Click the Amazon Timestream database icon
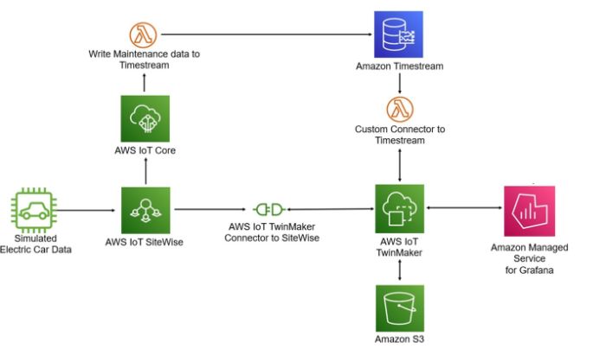(398, 35)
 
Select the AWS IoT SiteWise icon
(145, 210)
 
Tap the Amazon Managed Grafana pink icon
(529, 210)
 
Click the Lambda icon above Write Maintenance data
(144, 35)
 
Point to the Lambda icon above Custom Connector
(399, 110)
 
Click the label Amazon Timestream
(399, 66)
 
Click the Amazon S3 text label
(399, 338)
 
